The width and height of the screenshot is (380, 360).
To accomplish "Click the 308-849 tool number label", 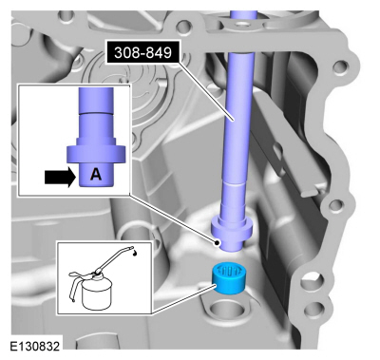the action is pyautogui.click(x=142, y=53).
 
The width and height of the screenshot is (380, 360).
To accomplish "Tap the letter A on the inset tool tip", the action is pyautogui.click(x=96, y=175).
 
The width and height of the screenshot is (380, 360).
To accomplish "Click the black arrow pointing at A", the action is pyautogui.click(x=60, y=178).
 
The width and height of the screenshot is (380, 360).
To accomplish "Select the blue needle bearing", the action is pyautogui.click(x=230, y=277).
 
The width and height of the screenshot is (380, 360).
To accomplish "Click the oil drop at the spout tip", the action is pyautogui.click(x=135, y=253).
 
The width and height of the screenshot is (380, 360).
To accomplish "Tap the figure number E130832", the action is pyautogui.click(x=34, y=346).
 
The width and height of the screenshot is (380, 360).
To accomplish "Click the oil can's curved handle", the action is pyautogui.click(x=73, y=283).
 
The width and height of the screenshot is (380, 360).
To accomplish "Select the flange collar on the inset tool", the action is pyautogui.click(x=96, y=153).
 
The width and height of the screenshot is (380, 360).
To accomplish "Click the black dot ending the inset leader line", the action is pyautogui.click(x=217, y=243).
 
